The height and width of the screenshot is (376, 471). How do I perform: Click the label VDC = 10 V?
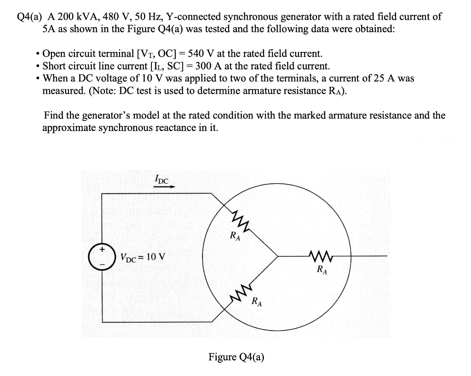point(143,256)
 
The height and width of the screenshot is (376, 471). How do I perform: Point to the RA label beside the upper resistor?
point(235,237)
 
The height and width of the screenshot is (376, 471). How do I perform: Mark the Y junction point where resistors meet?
point(277,256)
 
